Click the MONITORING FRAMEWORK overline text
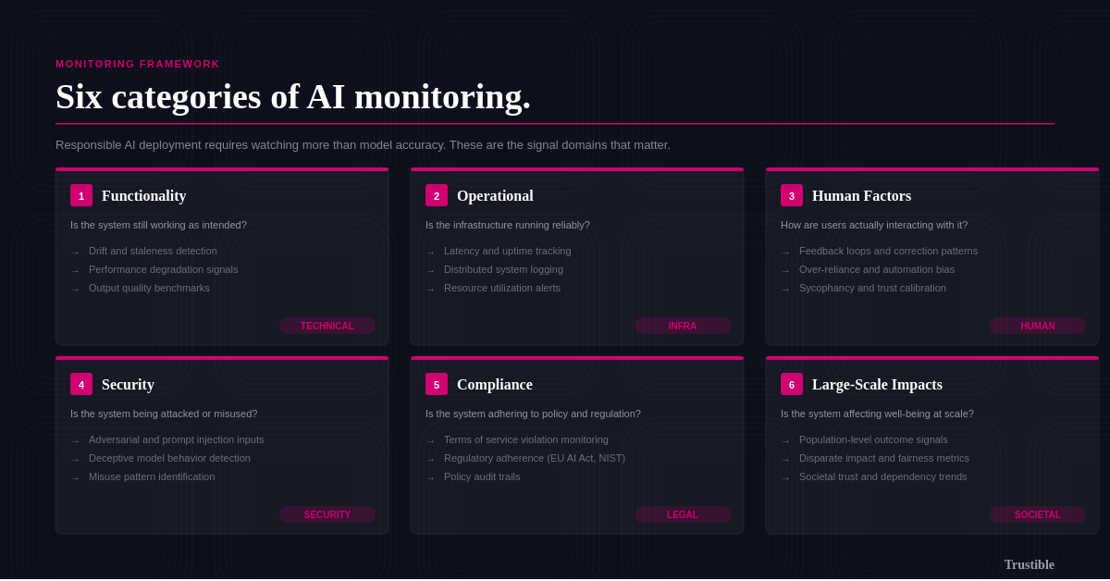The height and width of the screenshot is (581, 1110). tap(138, 64)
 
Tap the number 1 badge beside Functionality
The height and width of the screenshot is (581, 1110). tap(81, 195)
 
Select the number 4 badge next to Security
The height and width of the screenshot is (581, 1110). tap(81, 384)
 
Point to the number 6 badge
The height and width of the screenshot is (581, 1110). tap(792, 384)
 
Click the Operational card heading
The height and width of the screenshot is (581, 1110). tap(495, 196)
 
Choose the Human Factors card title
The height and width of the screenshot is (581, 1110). tap(861, 196)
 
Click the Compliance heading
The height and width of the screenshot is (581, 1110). tap(495, 385)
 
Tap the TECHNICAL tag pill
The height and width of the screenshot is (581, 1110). tap(327, 326)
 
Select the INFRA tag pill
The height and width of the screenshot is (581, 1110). tap(683, 326)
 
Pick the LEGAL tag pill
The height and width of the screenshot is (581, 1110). tap(683, 514)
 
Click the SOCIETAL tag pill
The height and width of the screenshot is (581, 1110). tap(1038, 514)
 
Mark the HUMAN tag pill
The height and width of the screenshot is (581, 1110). tap(1038, 326)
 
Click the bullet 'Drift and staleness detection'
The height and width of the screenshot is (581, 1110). tap(153, 251)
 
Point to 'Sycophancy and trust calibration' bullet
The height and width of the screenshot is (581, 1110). tap(872, 288)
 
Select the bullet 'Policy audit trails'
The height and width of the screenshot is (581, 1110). tap(482, 476)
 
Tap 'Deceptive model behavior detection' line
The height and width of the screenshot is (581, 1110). tap(169, 458)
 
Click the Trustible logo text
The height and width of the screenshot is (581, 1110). tap(1029, 564)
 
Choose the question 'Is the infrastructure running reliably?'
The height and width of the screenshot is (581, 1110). tap(508, 225)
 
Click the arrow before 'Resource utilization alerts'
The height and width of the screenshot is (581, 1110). tap(430, 290)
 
